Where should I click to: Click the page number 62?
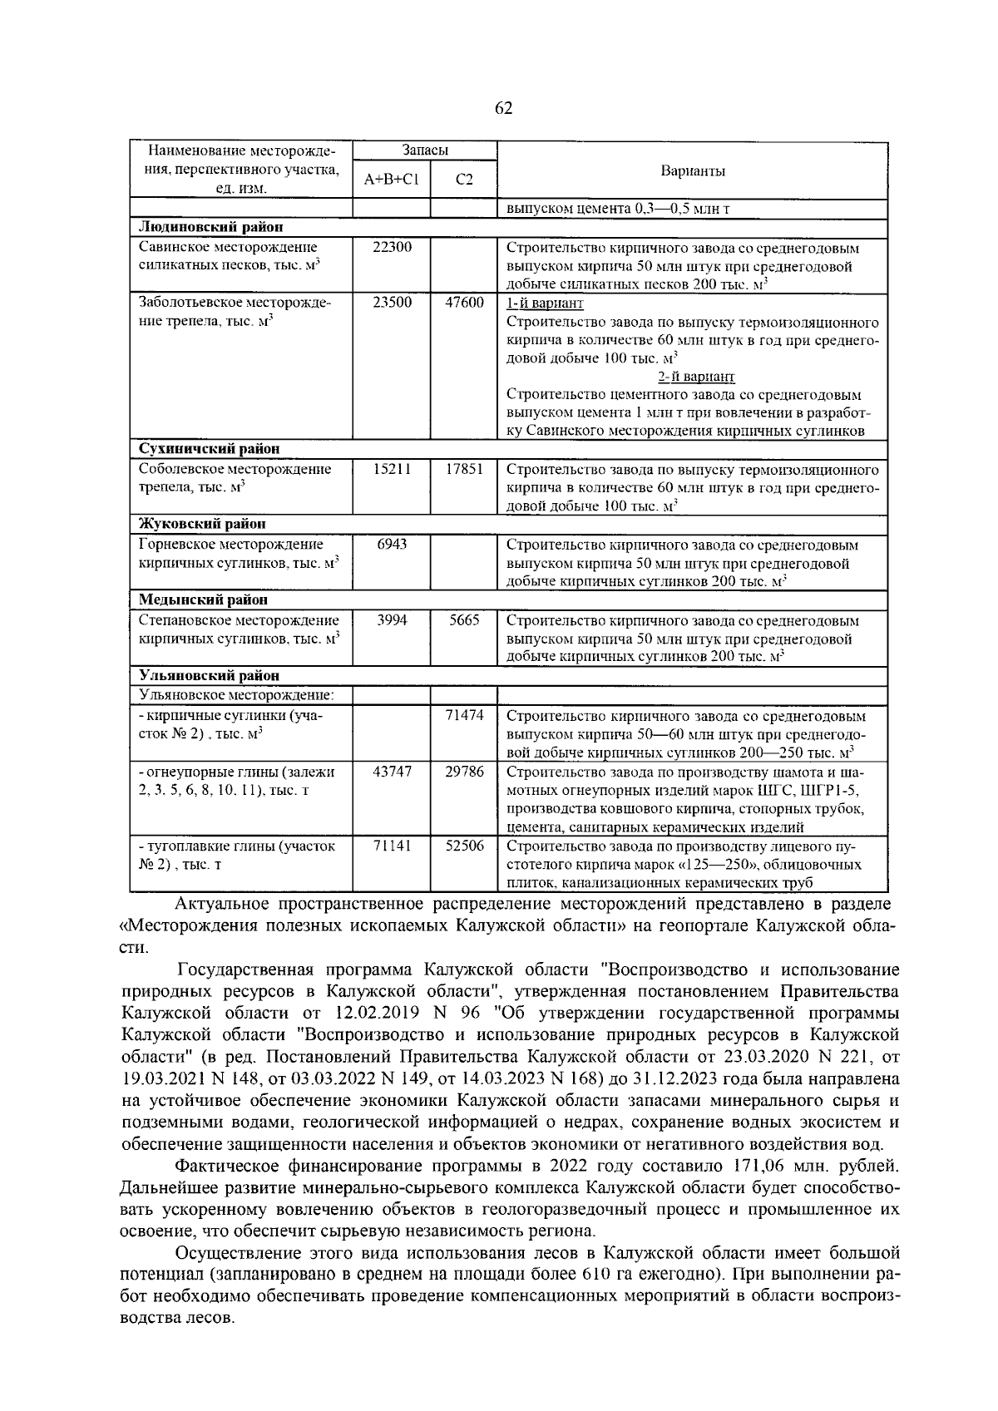pos(503,109)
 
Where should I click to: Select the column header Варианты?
pos(692,171)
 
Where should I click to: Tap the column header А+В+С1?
pos(391,180)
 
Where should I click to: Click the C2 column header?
pos(464,180)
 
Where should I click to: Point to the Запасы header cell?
pos(425,150)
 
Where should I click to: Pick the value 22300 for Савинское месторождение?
pos(391,247)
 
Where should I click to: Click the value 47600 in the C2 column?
pos(464,303)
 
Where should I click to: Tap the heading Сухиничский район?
pos(209,449)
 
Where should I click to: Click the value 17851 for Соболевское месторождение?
pos(464,469)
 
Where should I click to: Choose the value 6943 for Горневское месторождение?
pos(391,545)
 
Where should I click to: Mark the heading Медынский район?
pos(203,600)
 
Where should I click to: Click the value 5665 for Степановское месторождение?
pos(464,620)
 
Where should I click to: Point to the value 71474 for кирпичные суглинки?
pos(464,715)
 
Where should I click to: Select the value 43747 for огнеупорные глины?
pos(391,772)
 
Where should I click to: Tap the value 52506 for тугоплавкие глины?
pos(464,846)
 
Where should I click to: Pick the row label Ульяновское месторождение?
pos(236,694)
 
